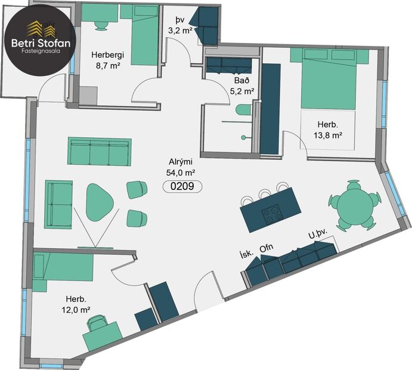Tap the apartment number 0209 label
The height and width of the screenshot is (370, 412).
coord(182,186)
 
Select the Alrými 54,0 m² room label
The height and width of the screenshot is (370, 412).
coord(182,168)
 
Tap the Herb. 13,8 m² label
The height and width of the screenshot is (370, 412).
coord(329,130)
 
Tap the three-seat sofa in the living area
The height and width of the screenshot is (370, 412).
coord(100,152)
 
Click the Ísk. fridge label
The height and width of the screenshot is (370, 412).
coord(246,252)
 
